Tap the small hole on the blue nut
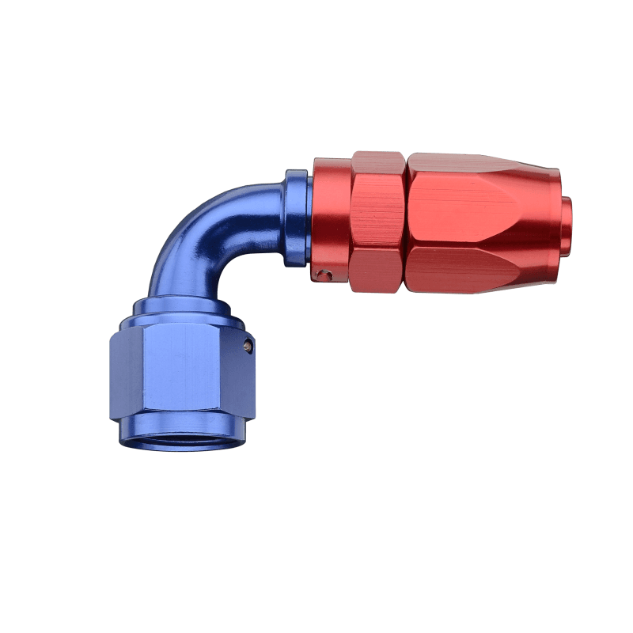click(248, 345)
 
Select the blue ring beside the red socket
click(297, 218)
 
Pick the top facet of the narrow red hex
click(377, 163)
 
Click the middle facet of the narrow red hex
click(377, 214)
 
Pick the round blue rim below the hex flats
click(182, 431)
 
